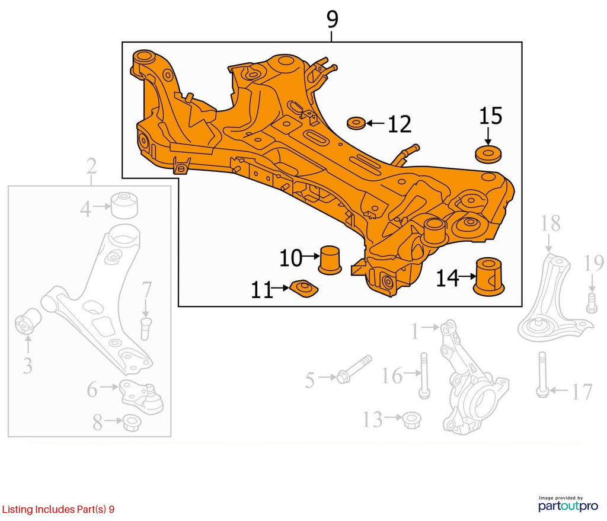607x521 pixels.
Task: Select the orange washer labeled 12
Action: click(356, 123)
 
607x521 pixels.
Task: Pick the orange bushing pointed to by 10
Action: click(330, 260)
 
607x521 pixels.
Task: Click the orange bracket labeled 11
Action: click(304, 288)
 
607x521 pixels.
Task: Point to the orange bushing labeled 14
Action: click(489, 276)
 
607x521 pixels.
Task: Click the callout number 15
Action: click(490, 116)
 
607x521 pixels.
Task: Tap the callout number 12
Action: click(399, 124)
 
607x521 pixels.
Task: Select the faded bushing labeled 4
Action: click(124, 204)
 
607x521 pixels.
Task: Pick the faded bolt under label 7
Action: click(146, 328)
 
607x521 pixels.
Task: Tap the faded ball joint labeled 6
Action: click(141, 397)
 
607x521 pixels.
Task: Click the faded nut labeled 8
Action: click(132, 422)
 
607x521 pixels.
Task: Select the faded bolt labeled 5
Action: click(354, 370)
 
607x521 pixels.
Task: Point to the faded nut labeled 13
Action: click(411, 420)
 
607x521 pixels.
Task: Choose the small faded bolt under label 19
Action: click(591, 303)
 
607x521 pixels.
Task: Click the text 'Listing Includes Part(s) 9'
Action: click(58, 509)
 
